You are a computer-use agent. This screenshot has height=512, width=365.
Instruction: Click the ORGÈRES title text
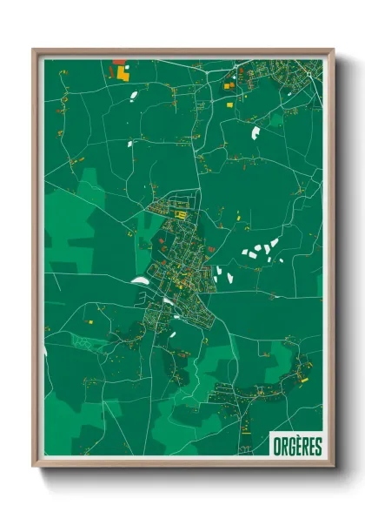[x=295, y=447]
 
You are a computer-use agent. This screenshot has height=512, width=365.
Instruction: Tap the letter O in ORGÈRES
[x=275, y=447]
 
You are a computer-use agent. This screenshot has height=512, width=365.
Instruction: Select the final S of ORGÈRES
[x=317, y=447]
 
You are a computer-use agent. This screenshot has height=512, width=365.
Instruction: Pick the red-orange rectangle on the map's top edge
[x=118, y=61]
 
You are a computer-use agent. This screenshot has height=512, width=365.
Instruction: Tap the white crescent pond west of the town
[x=140, y=280]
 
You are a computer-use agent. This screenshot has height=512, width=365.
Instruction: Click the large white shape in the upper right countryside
[x=255, y=133]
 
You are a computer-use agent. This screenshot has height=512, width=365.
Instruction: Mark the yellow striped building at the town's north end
[x=182, y=212]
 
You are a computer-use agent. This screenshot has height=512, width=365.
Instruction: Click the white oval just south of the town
[x=173, y=333]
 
